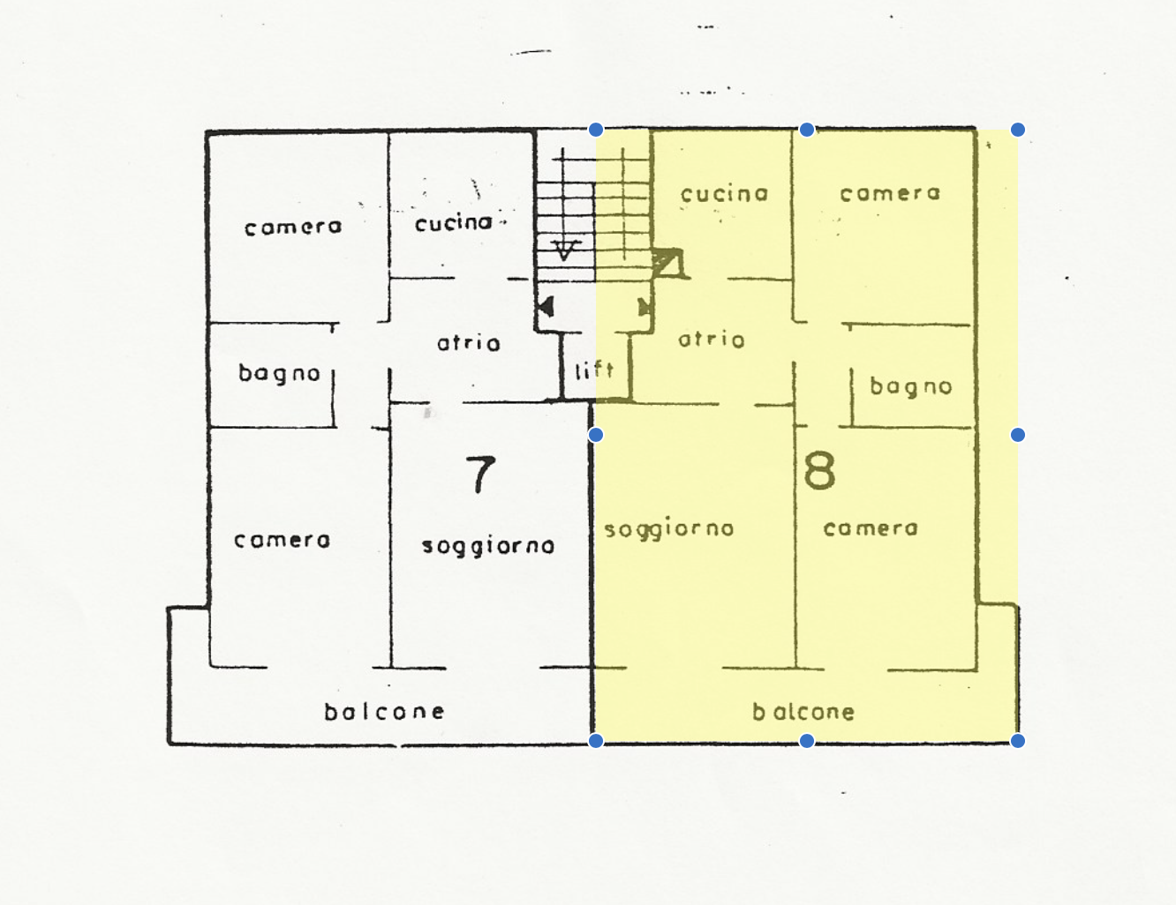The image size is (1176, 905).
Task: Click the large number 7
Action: tap(480, 475)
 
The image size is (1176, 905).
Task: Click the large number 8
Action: tap(819, 471)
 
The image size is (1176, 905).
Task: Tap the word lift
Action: tap(594, 370)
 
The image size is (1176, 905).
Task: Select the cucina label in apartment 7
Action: tap(454, 223)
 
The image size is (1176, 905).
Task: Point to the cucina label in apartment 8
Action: tap(724, 193)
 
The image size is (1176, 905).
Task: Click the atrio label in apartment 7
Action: tap(468, 343)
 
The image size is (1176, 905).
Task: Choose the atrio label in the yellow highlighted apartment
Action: tap(711, 340)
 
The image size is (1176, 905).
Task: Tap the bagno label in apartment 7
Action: tap(280, 373)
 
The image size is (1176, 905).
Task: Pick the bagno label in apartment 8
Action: tap(911, 386)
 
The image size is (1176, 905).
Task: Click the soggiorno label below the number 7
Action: tap(488, 546)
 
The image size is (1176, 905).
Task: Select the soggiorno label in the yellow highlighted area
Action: tap(669, 529)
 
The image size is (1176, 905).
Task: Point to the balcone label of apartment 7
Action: tap(384, 712)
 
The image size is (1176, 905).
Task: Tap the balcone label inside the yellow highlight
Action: tap(803, 712)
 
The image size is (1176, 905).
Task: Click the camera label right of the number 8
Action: tap(871, 528)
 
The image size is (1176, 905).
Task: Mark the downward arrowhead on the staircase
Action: tap(565, 250)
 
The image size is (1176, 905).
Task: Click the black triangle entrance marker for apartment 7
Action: tap(546, 307)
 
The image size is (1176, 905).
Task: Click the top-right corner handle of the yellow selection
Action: tap(1017, 130)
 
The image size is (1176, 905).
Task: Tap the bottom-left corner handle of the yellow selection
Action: tap(596, 741)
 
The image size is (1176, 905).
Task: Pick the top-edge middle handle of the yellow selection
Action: tap(807, 130)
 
